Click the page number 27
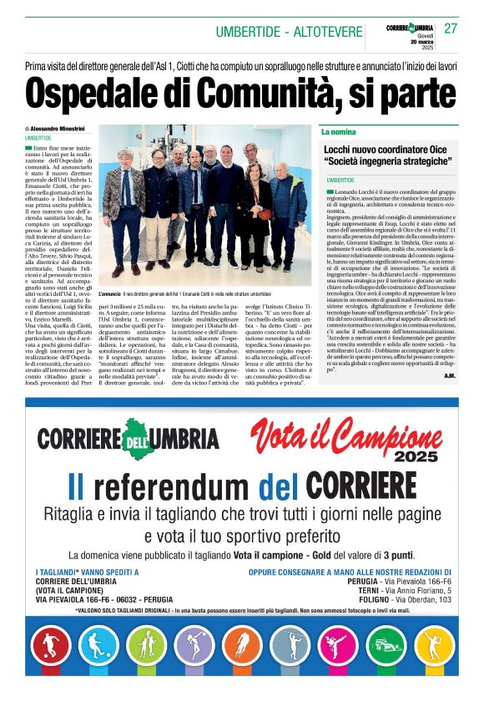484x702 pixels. (x=451, y=28)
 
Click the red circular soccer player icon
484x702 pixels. (x=51, y=643)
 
